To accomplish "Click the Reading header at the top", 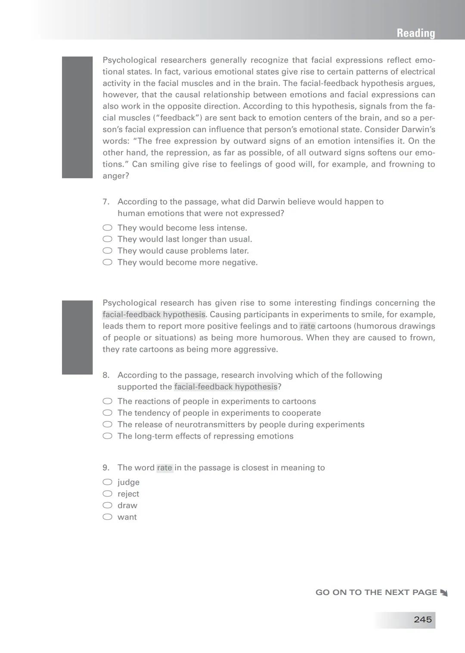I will (415, 33).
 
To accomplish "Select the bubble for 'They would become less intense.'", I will (107, 227).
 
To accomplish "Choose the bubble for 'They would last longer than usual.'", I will (107, 239).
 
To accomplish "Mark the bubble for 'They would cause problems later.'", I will (107, 251).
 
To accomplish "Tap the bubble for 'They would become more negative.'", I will (107, 262).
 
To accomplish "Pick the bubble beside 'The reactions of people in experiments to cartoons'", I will (107, 401).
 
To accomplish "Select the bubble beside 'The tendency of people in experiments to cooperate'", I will (107, 413).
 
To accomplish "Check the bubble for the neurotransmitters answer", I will (107, 424).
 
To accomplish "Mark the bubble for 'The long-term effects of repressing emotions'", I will (107, 436).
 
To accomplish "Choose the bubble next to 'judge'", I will (107, 482).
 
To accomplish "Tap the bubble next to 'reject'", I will (107, 494).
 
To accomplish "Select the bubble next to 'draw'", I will (107, 505).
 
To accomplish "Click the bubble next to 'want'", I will (107, 517).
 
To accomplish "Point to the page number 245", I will (422, 619).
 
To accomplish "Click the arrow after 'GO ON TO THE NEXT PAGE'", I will (444, 593).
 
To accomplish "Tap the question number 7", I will (106, 202).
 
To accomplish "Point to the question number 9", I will (106, 468).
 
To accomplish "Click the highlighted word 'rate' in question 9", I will (164, 468).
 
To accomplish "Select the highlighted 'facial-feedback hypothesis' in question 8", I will (226, 387).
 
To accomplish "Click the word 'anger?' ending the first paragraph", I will (115, 176).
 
